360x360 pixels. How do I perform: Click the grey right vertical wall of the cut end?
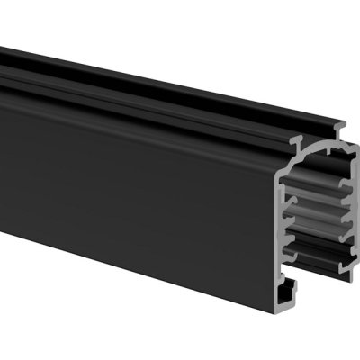click(354, 225)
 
